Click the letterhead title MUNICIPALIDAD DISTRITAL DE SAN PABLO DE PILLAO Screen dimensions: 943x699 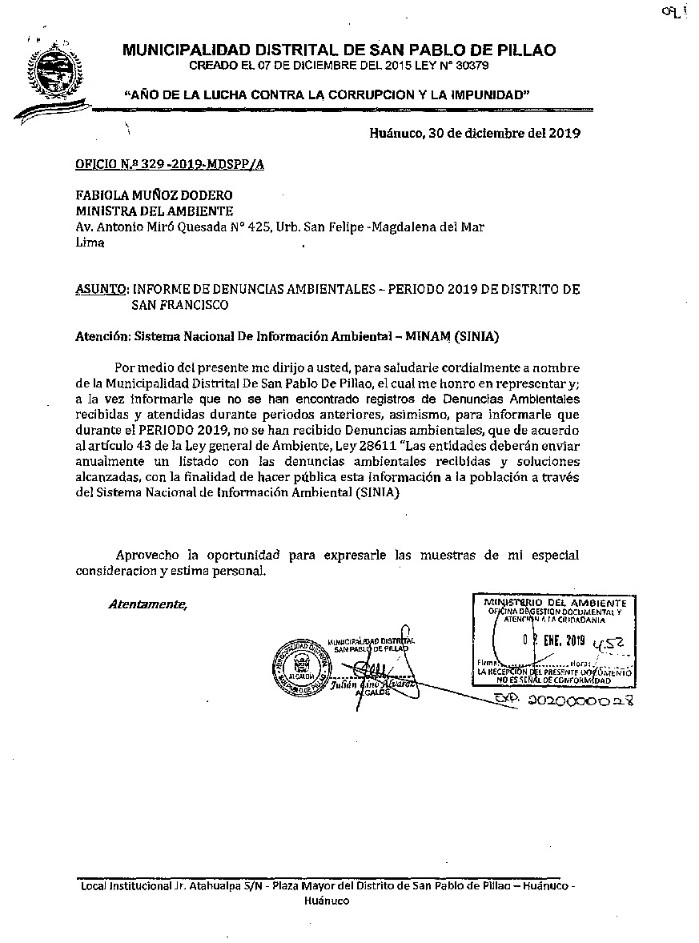pos(339,50)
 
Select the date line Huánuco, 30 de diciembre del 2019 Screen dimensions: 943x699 pos(475,133)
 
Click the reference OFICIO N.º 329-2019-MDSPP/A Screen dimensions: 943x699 pos(170,165)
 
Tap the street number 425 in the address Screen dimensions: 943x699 pos(256,227)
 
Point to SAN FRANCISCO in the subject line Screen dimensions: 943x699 pos(180,304)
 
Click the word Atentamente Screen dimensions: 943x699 pos(147,604)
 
